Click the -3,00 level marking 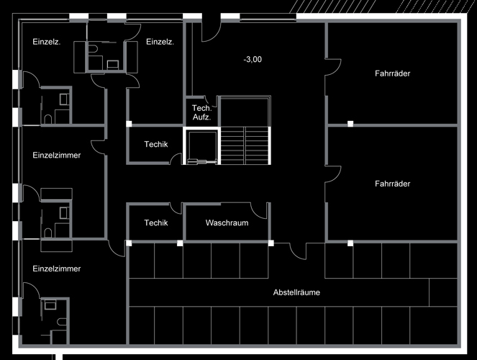coord(253,59)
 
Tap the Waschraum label coord(227,222)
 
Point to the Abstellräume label coord(296,292)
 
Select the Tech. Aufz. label coord(201,112)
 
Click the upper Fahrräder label coord(392,73)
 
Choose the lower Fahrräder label coord(392,184)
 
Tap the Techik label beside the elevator coord(155,144)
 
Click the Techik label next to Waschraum coord(155,222)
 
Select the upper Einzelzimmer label coord(57,156)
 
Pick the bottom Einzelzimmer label coord(57,269)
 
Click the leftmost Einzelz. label coord(47,42)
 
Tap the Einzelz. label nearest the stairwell coord(160,42)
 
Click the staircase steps coord(245,145)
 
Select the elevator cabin coord(201,146)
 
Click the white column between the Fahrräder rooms coord(350,124)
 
